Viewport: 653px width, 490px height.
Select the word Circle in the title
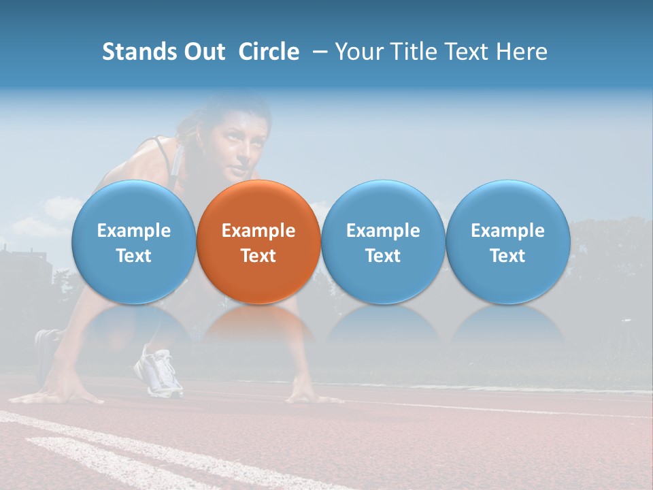click(x=269, y=52)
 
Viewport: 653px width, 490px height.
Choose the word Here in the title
click(x=522, y=52)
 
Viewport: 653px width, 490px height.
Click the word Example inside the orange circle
click(x=258, y=231)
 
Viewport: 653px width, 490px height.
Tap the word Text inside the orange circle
click(x=258, y=256)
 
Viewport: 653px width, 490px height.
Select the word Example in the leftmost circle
click(x=133, y=231)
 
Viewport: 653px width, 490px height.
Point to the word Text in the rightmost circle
click(x=507, y=256)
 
